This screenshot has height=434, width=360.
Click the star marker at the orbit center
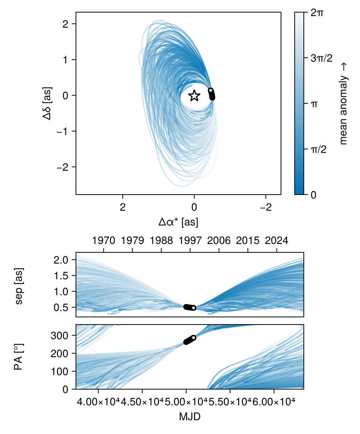pyautogui.click(x=194, y=95)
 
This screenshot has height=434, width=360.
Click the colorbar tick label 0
pyautogui.click(x=314, y=195)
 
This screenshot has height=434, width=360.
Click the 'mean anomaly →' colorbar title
pyautogui.click(x=344, y=103)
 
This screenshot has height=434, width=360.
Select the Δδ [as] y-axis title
pyautogui.click(x=47, y=103)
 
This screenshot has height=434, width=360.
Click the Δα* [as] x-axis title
pyautogui.click(x=178, y=222)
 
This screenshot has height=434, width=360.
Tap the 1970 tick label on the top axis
pyautogui.click(x=103, y=241)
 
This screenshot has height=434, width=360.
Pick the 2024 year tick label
pyautogui.click(x=276, y=241)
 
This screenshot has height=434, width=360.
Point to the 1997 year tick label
pyautogui.click(x=190, y=241)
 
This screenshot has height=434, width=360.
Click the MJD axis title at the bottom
pyautogui.click(x=189, y=417)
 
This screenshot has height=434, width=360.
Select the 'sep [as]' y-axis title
pyautogui.click(x=19, y=285)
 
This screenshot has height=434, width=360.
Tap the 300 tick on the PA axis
pyautogui.click(x=65, y=336)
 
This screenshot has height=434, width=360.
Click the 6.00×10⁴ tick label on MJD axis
pyautogui.click(x=274, y=402)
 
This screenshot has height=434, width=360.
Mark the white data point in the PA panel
pyautogui.click(x=194, y=337)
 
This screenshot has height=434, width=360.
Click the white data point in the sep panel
pyautogui.click(x=194, y=308)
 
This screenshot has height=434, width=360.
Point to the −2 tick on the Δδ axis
pyautogui.click(x=62, y=167)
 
